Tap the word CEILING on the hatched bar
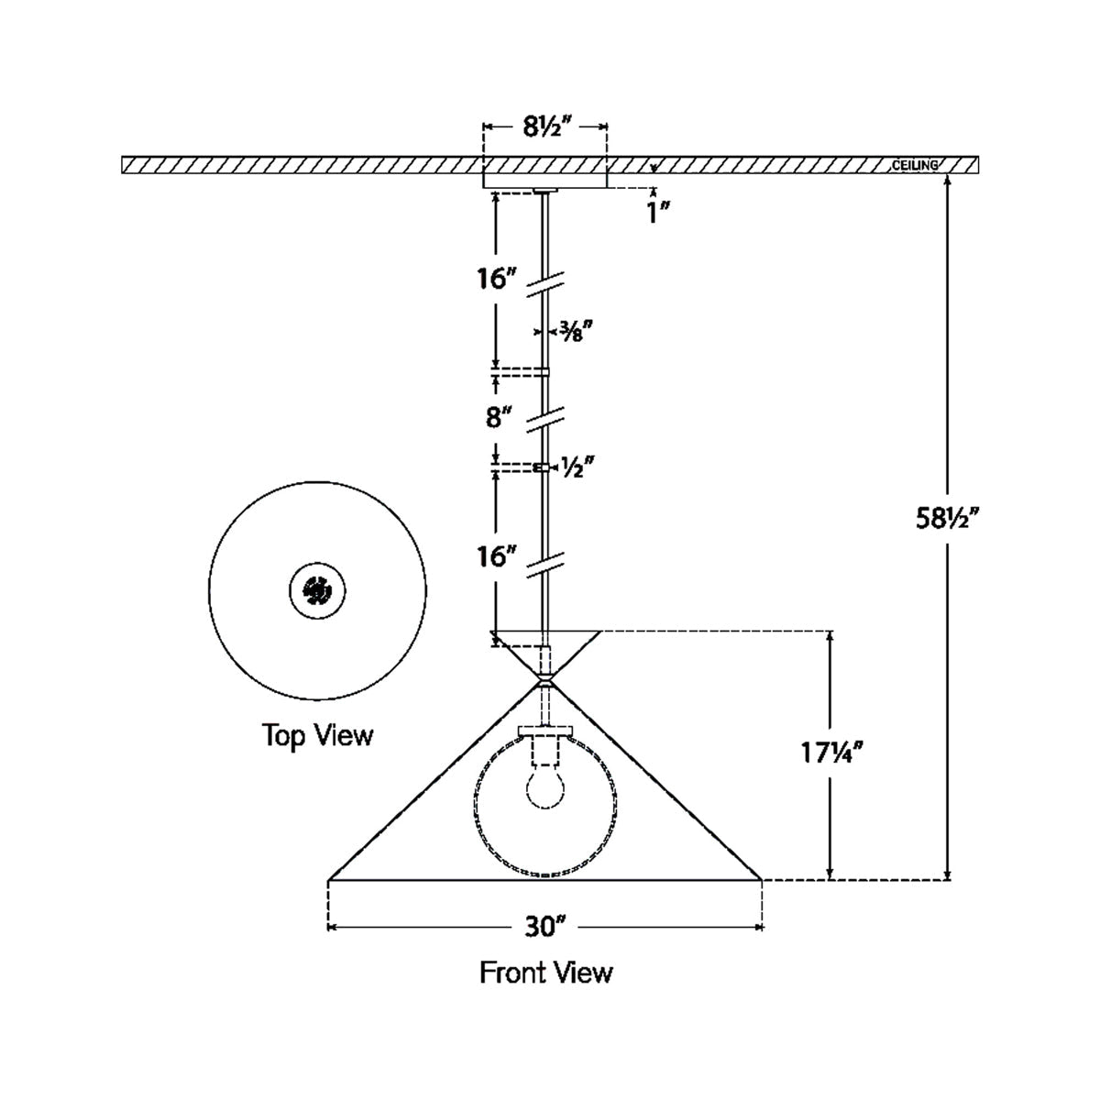(915, 166)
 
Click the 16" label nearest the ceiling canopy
(496, 279)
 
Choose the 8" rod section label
(498, 419)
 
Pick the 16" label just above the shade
(496, 556)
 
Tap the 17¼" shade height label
(830, 753)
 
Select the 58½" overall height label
(947, 519)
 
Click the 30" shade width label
(544, 928)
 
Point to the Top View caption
(318, 735)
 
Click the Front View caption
(546, 973)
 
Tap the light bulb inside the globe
(544, 786)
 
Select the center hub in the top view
(317, 590)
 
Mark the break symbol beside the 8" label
(544, 419)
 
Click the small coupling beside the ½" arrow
(544, 467)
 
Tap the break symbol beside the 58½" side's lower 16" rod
(544, 563)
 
